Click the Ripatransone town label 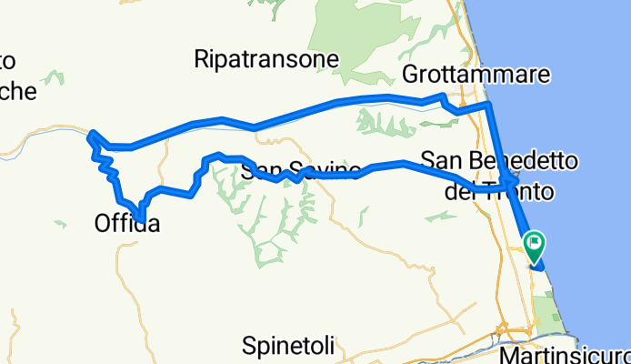(x=266, y=60)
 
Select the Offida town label (x=127, y=222)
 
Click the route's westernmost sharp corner (x=89, y=136)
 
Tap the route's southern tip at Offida (x=139, y=216)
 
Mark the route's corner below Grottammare (x=490, y=106)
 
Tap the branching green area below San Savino (x=273, y=223)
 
